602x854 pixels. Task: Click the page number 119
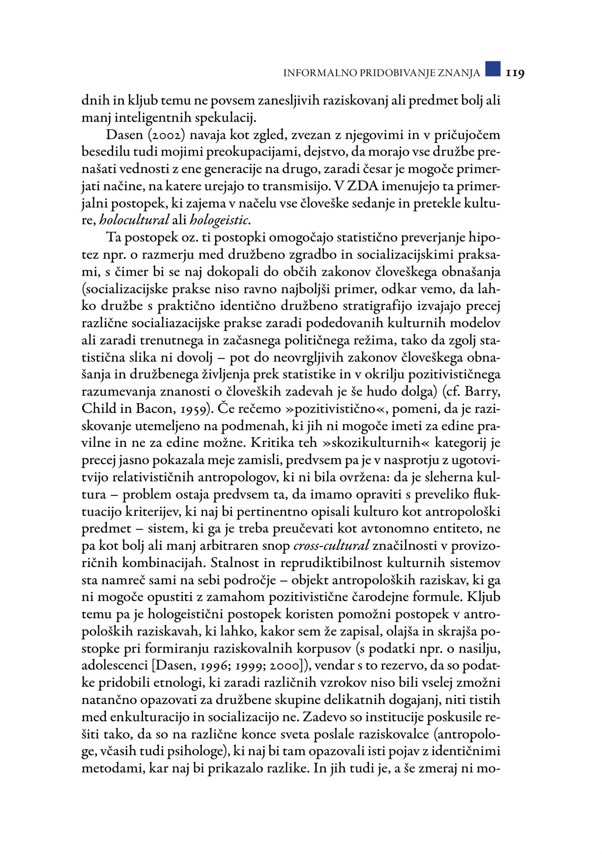click(514, 73)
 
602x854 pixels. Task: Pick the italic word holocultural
click(134, 220)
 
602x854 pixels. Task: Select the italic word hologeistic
click(220, 220)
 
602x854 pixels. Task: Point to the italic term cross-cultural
click(332, 546)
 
